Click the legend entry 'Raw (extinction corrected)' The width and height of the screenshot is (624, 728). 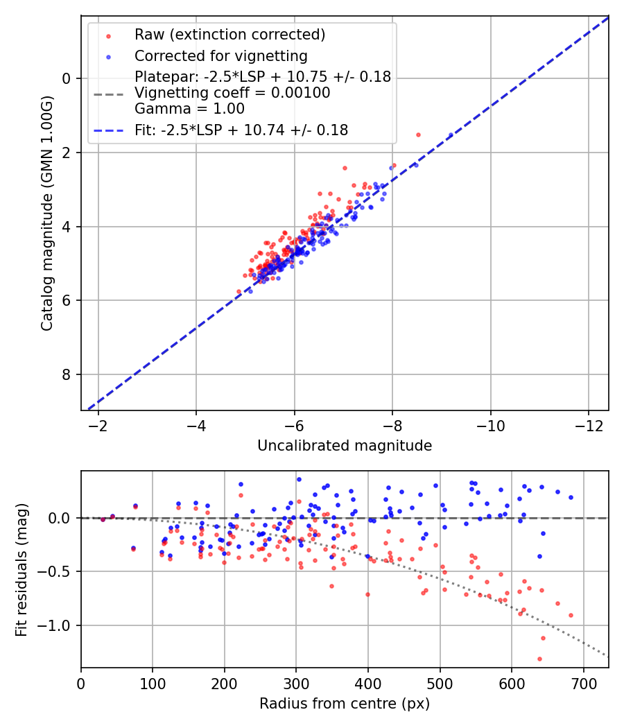click(229, 35)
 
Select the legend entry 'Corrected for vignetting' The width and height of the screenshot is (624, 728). click(220, 55)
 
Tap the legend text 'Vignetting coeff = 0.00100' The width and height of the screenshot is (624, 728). click(232, 93)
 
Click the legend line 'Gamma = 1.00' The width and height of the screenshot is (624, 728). click(189, 109)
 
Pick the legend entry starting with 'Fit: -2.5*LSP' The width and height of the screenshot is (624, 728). click(241, 130)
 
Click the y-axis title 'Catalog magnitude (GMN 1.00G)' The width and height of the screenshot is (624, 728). click(46, 213)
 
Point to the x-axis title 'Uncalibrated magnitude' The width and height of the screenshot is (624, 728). click(345, 446)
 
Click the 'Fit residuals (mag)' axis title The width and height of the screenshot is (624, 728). click(21, 570)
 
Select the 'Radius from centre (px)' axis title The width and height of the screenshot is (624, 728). click(345, 704)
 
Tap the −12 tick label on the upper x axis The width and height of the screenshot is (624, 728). click(589, 424)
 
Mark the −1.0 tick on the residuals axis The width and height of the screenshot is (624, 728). click(60, 626)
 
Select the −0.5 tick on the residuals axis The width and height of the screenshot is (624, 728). click(60, 572)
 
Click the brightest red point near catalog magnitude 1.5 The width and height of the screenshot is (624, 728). click(418, 135)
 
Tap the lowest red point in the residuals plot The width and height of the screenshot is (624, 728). click(539, 659)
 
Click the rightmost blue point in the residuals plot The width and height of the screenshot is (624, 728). click(571, 497)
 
